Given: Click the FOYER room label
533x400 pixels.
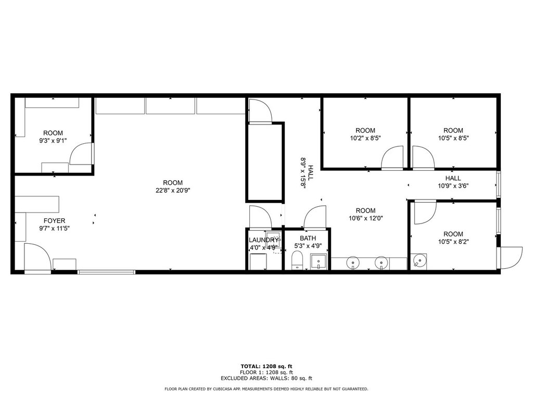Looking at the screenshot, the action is point(54,221).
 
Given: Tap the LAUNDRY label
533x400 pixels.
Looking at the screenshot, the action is point(263,240).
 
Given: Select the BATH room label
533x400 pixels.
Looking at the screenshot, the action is point(308,238).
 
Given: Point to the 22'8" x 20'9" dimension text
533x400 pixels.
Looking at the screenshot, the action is point(173,191).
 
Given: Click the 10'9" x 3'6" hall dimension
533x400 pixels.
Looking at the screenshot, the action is point(453,186).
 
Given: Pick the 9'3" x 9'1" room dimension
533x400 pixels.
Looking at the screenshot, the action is point(53,141).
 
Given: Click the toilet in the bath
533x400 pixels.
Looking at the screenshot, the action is point(297,260).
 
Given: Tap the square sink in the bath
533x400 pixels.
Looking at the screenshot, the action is point(319,261).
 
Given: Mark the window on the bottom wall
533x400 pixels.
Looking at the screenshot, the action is point(106,272).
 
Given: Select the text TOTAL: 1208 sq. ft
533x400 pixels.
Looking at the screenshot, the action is point(266,366).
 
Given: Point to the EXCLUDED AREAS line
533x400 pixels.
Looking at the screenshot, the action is point(266,378).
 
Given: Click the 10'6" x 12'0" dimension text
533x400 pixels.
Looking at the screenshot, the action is point(366,218).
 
